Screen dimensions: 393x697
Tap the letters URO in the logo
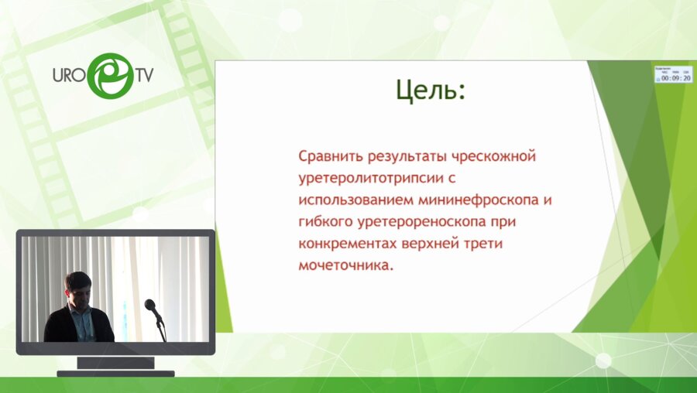click(x=68, y=77)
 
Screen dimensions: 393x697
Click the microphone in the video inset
click(x=153, y=308)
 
